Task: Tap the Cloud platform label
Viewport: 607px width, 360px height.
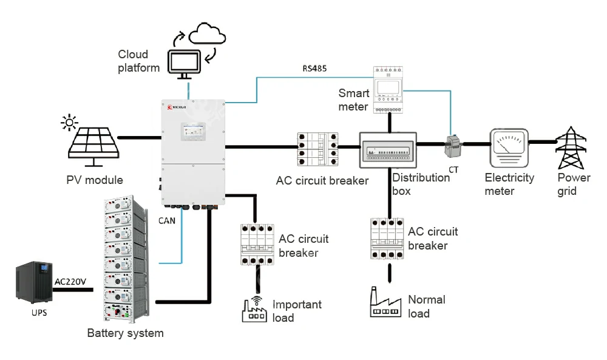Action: coord(138,61)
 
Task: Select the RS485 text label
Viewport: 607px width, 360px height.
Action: coord(314,69)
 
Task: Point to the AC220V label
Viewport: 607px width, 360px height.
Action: coord(71,282)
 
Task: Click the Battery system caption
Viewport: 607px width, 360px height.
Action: coord(125,333)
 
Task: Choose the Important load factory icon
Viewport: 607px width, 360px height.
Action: coord(254,311)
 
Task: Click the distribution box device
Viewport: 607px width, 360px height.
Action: coord(388,151)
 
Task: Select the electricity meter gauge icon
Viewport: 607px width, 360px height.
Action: coord(508,148)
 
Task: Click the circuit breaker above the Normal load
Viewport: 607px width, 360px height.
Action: coord(387,239)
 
